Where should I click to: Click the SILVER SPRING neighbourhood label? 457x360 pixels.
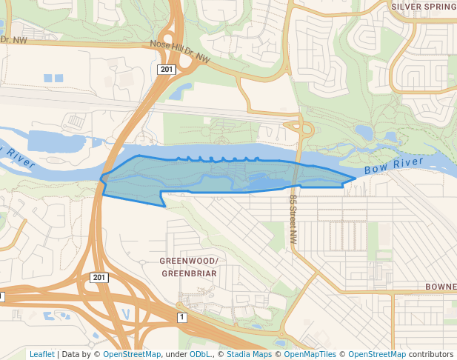423,6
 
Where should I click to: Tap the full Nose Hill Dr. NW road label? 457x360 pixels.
180,50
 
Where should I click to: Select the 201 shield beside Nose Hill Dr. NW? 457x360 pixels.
166,70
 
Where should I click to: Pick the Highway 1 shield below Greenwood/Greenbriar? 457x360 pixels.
181,317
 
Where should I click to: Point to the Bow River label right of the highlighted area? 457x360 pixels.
393,166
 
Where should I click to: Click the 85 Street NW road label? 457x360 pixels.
293,220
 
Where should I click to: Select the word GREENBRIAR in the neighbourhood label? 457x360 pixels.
189,273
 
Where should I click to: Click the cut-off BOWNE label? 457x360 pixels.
440,287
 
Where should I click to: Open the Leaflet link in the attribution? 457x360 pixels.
41,354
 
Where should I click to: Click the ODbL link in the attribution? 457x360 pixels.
199,354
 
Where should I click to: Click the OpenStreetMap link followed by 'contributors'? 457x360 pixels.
376,354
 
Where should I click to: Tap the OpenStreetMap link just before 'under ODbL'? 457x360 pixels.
131,354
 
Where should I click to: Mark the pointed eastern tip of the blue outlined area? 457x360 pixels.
356,179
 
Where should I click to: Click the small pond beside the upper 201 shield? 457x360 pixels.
178,92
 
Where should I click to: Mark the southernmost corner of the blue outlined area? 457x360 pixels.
164,206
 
